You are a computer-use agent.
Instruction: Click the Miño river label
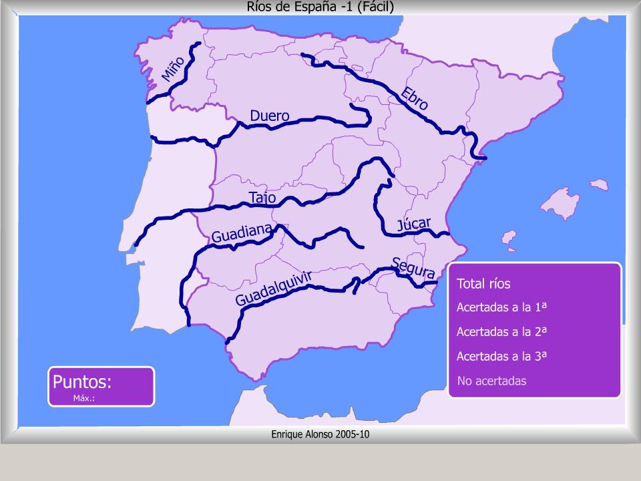(172, 68)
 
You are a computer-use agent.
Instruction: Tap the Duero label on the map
(270, 116)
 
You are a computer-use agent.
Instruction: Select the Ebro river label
(414, 98)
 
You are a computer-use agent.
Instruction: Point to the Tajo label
(262, 198)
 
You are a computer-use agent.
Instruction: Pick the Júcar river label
(414, 224)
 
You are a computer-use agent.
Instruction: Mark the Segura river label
(414, 268)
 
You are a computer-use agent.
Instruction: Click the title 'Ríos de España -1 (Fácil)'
(320, 7)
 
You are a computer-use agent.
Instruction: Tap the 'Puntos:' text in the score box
(82, 382)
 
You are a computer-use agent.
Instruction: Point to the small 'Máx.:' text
(83, 398)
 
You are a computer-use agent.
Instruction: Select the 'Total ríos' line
(483, 284)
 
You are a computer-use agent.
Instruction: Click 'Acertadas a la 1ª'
(502, 307)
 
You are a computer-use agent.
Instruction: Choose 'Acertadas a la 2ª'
(502, 331)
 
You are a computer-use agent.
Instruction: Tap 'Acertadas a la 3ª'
(502, 356)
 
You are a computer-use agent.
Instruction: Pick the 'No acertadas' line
(491, 381)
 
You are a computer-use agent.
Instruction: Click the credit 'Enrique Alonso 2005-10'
(320, 434)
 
